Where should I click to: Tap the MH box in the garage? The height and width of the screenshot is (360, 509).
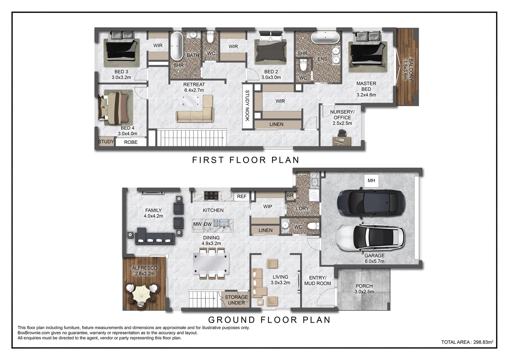pos(371,181)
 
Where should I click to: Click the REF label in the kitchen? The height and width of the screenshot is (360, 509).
pos(242,196)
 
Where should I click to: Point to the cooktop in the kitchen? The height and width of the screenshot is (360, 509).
pos(211,196)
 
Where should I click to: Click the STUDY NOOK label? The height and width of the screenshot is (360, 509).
pos(248,106)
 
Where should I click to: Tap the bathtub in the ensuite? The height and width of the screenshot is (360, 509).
pos(325,38)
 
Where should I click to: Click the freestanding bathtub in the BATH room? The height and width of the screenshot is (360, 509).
pos(177,46)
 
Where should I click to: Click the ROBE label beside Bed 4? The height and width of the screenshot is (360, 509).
pos(131,142)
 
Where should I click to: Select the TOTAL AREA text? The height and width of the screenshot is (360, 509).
pos(467,342)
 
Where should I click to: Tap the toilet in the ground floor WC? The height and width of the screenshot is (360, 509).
pos(313,226)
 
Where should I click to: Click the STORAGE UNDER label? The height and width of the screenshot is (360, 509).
pos(236,300)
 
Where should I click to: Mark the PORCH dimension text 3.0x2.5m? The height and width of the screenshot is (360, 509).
pos(364,292)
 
